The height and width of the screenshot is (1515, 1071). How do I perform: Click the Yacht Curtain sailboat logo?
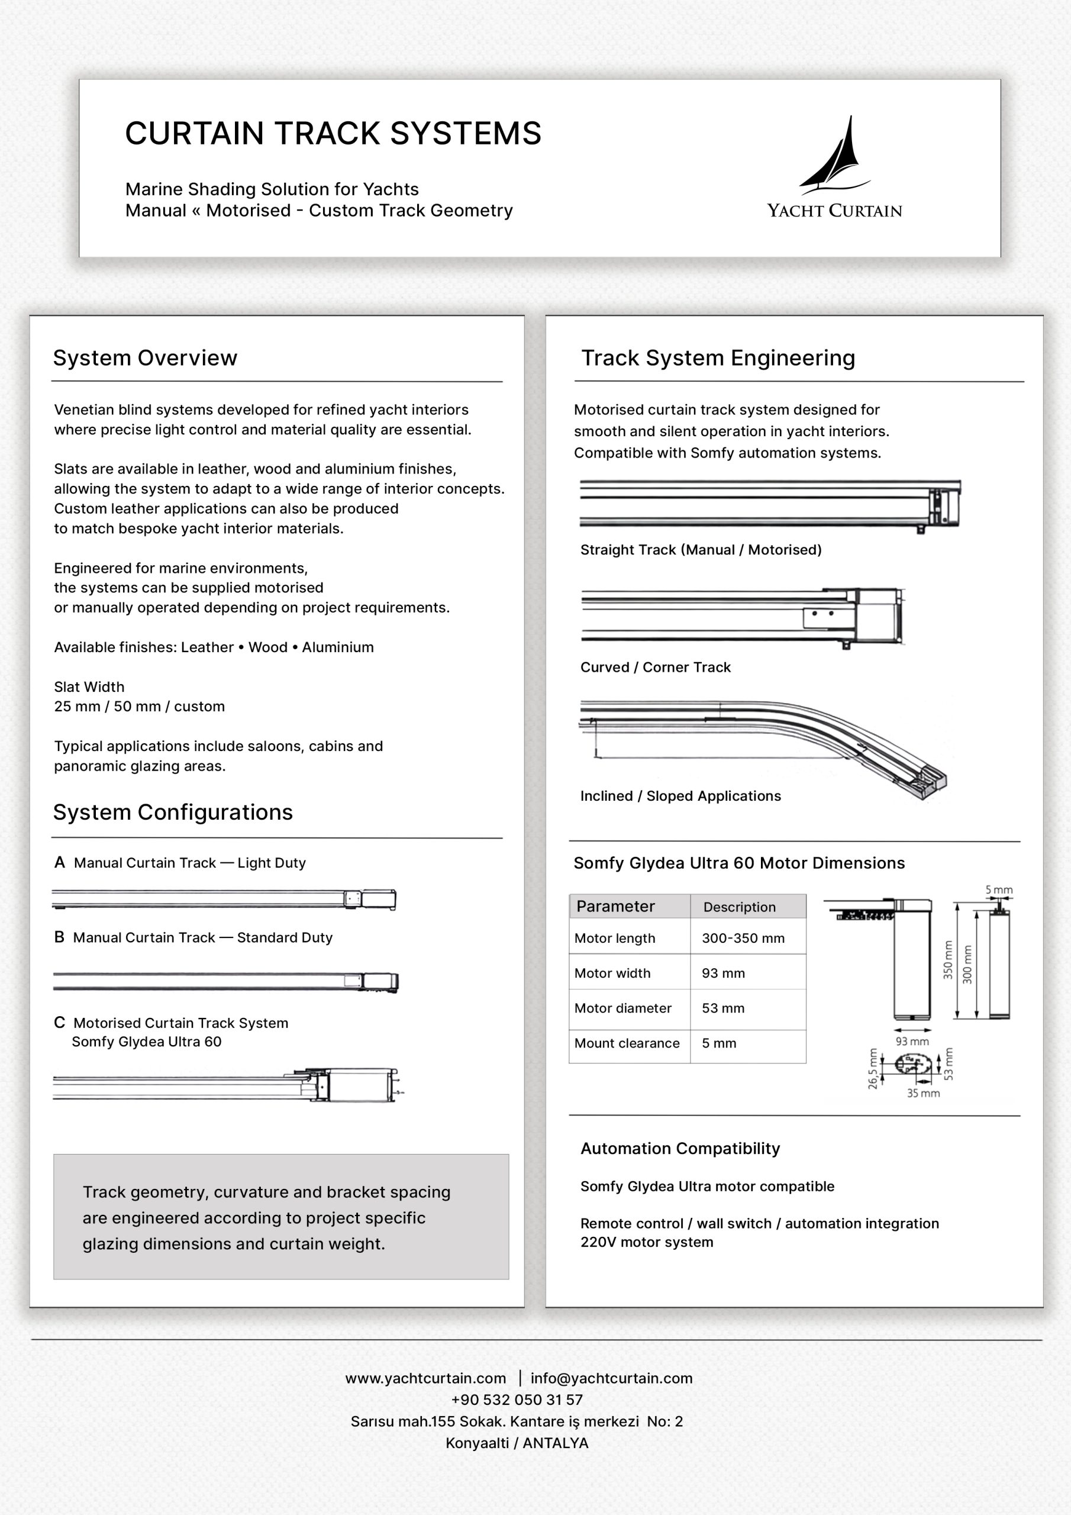[x=835, y=156]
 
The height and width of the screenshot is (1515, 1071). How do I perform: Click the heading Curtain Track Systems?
[x=333, y=133]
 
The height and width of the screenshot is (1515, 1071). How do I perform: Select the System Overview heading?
[x=145, y=357]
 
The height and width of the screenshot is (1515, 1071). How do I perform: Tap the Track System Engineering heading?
[x=718, y=357]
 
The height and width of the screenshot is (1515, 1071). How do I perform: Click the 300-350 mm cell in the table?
[x=743, y=939]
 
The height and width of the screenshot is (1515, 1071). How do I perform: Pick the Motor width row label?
[x=612, y=974]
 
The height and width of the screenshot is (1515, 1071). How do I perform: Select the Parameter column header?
[x=615, y=906]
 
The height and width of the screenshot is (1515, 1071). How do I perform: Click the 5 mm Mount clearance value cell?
[x=718, y=1043]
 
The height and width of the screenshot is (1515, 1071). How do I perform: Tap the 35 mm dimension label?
[x=923, y=1094]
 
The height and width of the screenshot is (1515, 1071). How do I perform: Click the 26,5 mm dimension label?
[x=873, y=1068]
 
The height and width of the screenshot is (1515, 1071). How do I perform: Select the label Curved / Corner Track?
[x=655, y=667]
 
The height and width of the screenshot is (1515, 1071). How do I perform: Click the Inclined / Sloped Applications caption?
[x=680, y=796]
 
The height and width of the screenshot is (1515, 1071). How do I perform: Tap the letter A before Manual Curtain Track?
[x=59, y=862]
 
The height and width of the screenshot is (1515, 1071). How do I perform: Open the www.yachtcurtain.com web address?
[x=425, y=1378]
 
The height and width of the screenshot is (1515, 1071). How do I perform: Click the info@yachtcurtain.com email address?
[x=612, y=1378]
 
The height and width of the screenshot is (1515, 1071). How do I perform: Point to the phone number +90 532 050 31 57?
[x=517, y=1400]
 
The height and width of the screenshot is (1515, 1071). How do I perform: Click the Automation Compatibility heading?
[x=680, y=1149]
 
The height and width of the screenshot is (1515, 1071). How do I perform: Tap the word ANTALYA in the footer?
[x=556, y=1443]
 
